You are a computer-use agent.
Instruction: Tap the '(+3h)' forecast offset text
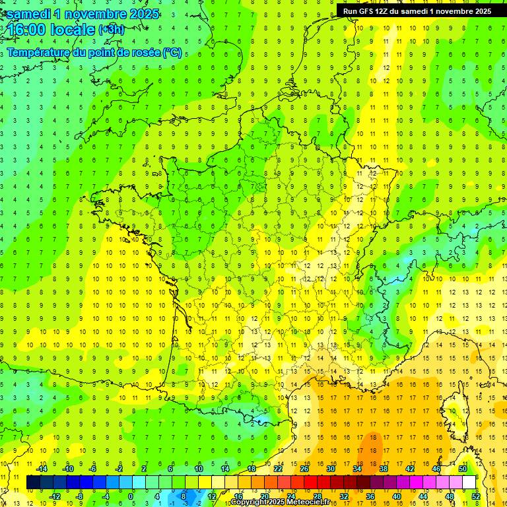[110, 30]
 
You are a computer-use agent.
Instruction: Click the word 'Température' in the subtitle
[39, 53]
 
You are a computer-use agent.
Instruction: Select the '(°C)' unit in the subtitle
[172, 53]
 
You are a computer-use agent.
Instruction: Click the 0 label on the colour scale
[131, 496]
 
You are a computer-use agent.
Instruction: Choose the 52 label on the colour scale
[476, 496]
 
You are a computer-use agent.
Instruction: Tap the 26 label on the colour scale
[304, 469]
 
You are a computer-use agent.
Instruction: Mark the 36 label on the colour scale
[370, 496]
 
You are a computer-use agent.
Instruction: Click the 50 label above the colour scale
[463, 469]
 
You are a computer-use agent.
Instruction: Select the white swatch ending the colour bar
[469, 483]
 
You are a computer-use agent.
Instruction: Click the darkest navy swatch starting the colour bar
[33, 483]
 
